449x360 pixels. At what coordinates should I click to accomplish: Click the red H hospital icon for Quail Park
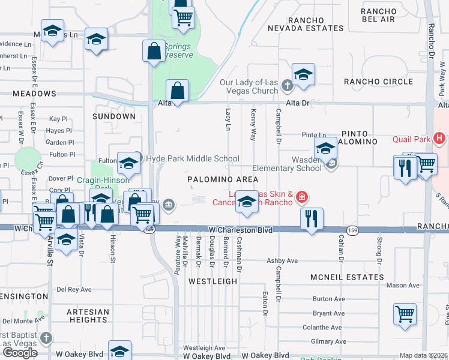[x=440, y=139]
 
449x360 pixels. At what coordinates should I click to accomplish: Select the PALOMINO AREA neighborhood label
[x=223, y=179]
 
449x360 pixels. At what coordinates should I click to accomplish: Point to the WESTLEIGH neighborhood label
[x=209, y=280]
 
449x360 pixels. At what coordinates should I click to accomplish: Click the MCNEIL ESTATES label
[x=347, y=277]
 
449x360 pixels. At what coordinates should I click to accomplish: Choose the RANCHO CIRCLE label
[x=378, y=82]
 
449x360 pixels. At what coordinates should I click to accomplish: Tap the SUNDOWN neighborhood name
[x=114, y=116]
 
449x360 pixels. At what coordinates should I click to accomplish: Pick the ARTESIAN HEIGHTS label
[x=88, y=316]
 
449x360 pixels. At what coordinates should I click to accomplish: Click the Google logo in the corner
[x=20, y=353]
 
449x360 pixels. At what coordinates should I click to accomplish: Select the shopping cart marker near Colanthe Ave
[x=405, y=314]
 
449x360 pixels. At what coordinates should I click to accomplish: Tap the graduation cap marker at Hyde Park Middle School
[x=128, y=163]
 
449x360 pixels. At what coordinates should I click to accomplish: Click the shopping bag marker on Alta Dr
[x=178, y=91]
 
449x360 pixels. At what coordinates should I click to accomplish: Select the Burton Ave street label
[x=329, y=299]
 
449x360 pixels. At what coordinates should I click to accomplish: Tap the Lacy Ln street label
[x=228, y=119]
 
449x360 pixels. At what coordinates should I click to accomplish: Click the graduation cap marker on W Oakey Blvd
[x=119, y=351]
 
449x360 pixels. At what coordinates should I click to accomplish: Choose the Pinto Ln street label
[x=314, y=135]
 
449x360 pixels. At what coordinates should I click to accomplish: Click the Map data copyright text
[x=424, y=355]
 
